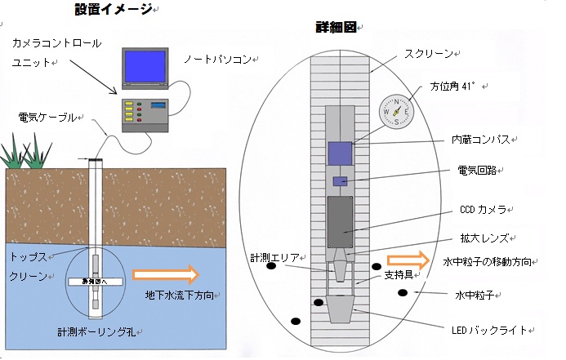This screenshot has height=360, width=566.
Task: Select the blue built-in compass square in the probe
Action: [x=340, y=153]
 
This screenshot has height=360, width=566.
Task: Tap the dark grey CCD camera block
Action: [x=340, y=221]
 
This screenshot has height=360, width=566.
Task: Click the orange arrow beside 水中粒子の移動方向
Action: [x=412, y=261]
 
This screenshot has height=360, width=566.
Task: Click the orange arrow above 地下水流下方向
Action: [x=164, y=273]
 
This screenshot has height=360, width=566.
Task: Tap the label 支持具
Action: [x=397, y=276]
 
